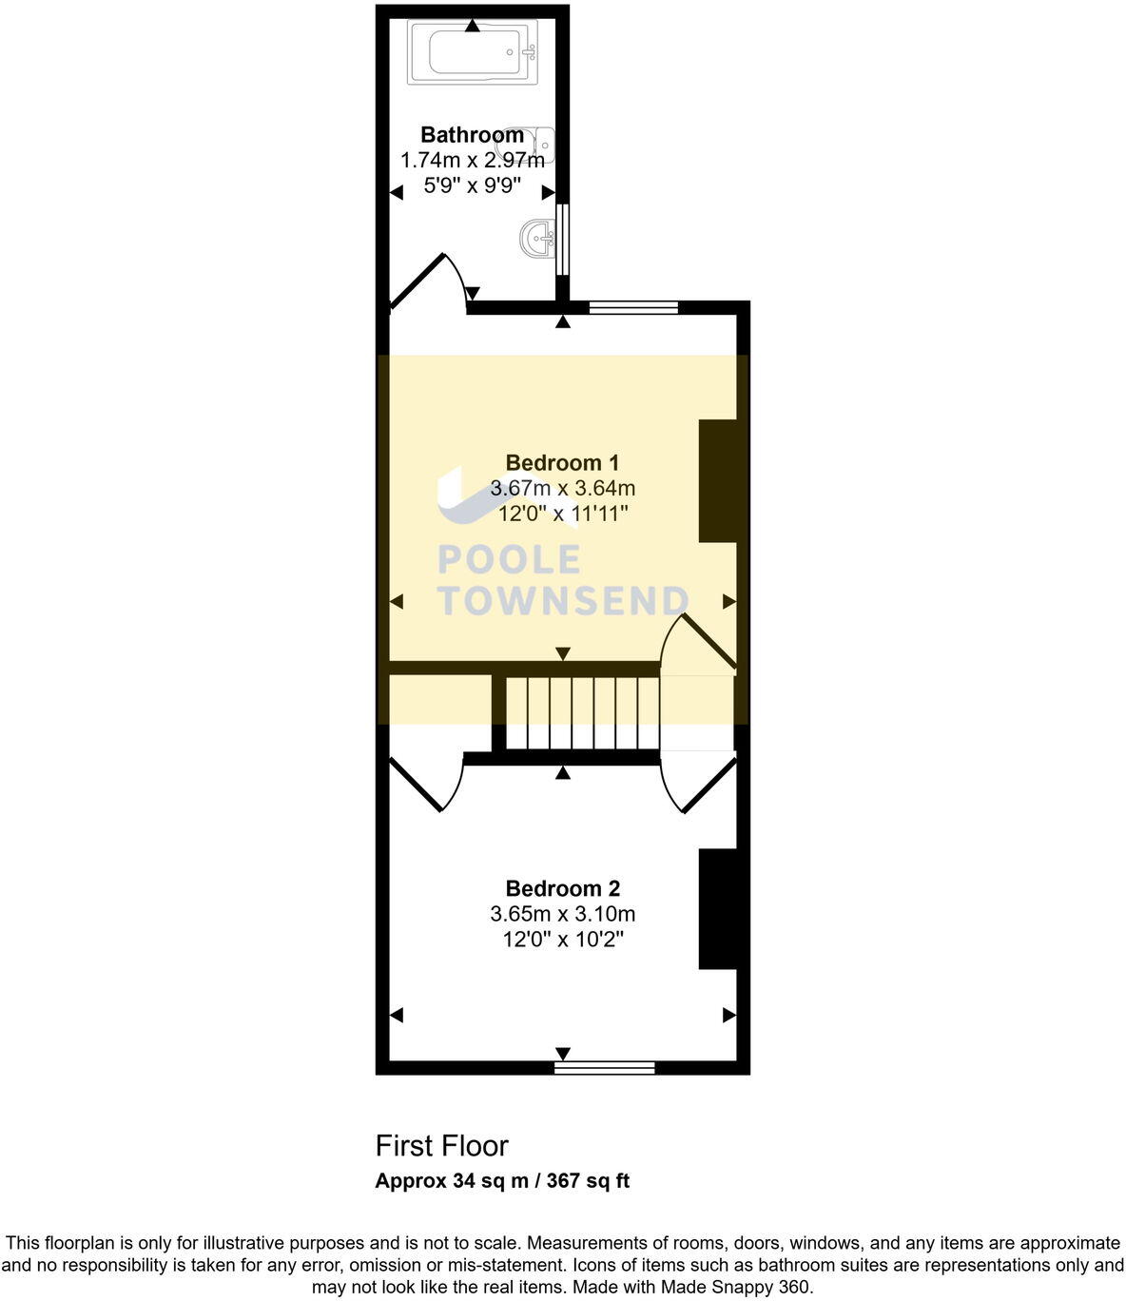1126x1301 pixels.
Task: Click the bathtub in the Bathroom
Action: click(473, 52)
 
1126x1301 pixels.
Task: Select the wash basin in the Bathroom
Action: click(538, 237)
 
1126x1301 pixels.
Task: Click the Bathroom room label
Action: click(472, 135)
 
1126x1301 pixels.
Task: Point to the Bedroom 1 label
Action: click(562, 463)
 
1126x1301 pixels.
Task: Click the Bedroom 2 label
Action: click(562, 889)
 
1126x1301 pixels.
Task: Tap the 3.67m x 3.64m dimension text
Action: click(562, 489)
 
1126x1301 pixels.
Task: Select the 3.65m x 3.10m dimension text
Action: click(562, 915)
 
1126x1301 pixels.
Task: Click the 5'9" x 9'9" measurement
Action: click(472, 185)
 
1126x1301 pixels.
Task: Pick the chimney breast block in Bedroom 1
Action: click(718, 481)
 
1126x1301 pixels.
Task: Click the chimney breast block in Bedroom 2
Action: click(718, 909)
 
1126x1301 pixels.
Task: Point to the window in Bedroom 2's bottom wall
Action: click(605, 1068)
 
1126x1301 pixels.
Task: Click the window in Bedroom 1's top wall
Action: click(633, 307)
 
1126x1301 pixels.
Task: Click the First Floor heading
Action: click(442, 1146)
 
